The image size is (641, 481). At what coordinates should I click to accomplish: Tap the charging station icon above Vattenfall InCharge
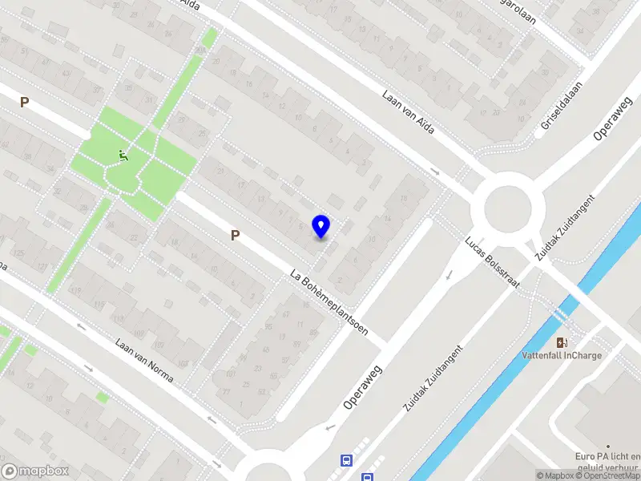tap(570, 342)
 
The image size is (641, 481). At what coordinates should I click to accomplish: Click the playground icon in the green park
tap(123, 155)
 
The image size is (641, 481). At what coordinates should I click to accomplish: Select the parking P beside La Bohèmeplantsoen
tap(236, 235)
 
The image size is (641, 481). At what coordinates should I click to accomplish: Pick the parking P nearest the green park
tap(24, 103)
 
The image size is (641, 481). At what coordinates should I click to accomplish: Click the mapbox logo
tap(35, 471)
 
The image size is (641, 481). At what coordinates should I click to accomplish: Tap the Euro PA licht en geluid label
tap(607, 463)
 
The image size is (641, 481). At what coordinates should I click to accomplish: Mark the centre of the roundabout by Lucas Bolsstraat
tap(508, 210)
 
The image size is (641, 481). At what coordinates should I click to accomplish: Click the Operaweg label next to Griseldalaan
tap(614, 120)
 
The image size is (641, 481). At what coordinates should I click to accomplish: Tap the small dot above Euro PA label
tap(608, 447)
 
